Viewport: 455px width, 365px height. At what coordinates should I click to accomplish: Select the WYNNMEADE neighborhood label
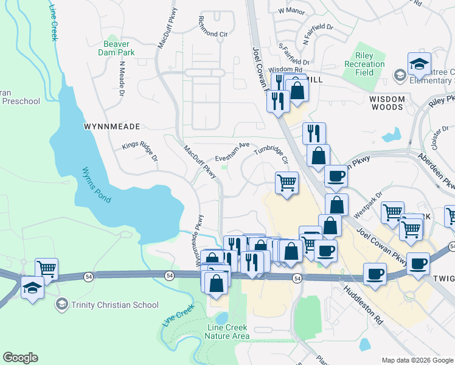[112, 127]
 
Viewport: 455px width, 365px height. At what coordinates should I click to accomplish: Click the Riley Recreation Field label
[364, 63]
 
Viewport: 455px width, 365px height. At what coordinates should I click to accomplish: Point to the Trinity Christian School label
[115, 305]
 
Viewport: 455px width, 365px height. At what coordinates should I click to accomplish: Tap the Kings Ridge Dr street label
[139, 152]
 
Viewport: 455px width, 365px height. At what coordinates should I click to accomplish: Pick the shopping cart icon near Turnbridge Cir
[287, 182]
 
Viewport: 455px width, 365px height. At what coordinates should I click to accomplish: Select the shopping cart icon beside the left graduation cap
[47, 269]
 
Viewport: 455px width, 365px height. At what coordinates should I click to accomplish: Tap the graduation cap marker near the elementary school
[419, 64]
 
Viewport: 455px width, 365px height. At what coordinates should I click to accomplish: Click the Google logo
[20, 358]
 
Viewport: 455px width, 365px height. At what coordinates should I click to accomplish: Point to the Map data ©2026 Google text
[417, 360]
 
